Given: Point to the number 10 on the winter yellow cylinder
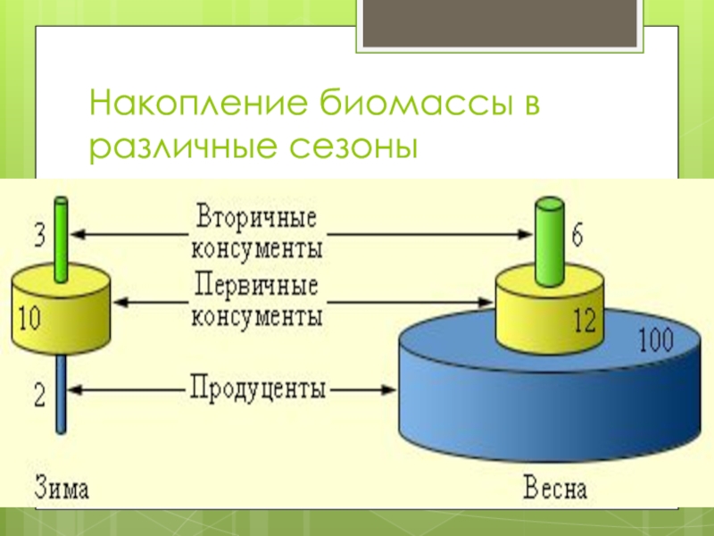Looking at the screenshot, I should pyautogui.click(x=28, y=317).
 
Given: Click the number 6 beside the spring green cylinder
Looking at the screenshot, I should pyautogui.click(x=577, y=236).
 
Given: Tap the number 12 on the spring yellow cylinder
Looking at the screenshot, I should pyautogui.click(x=584, y=322).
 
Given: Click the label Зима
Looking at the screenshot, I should pyautogui.click(x=62, y=489).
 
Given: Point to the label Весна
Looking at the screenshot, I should pyautogui.click(x=554, y=489).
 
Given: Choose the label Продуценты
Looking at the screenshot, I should pyautogui.click(x=258, y=389).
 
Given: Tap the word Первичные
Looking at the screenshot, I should pyautogui.click(x=256, y=289).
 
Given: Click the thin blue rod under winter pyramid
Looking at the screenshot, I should pyautogui.click(x=60, y=393).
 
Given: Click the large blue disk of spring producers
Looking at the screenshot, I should pyautogui.click(x=535, y=402).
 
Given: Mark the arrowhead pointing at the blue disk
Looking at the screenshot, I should pyautogui.click(x=390, y=389).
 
